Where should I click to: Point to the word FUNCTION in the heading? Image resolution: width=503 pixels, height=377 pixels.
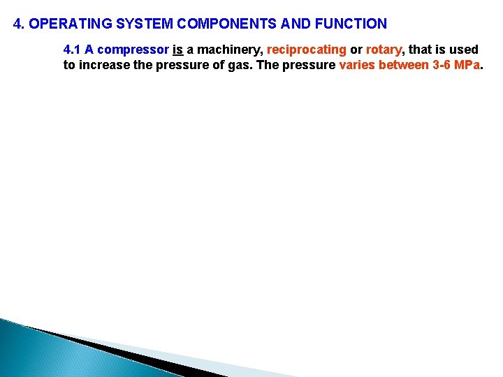[351, 24]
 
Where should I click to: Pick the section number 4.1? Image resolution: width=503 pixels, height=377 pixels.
[72, 50]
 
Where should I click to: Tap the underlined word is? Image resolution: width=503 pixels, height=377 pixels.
[177, 50]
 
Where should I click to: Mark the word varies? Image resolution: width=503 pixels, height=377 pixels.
[356, 66]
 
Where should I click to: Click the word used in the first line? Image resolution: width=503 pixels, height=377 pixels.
[464, 50]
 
